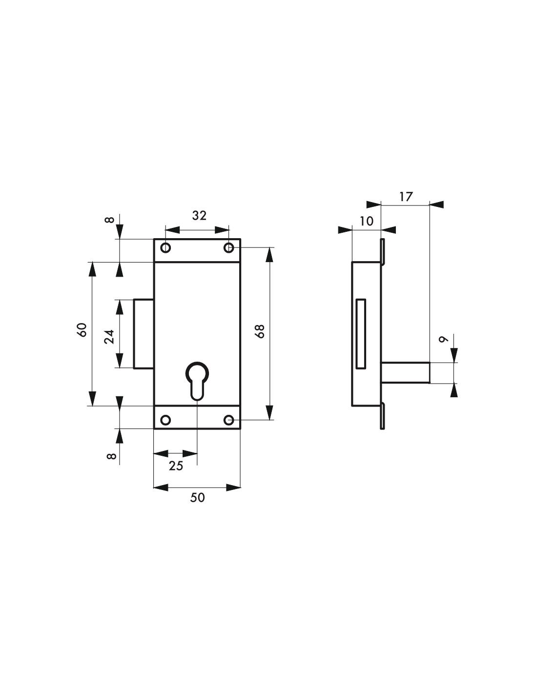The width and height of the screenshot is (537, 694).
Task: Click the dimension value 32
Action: [199, 216]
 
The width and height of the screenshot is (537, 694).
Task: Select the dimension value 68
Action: [260, 331]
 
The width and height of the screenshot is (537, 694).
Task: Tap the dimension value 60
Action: [82, 330]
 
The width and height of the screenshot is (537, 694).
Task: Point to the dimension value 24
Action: [109, 336]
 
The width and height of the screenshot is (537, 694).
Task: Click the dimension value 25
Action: [176, 466]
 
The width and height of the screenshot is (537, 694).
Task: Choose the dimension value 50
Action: [197, 498]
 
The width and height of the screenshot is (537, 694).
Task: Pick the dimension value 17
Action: [406, 197]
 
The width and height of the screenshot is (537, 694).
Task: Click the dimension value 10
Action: [367, 221]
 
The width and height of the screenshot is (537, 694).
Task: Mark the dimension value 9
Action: [443, 339]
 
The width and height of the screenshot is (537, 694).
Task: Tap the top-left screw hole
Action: [165, 247]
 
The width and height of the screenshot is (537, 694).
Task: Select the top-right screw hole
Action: [229, 247]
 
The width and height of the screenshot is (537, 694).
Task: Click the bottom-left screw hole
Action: [165, 420]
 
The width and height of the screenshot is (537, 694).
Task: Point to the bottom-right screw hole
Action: [229, 420]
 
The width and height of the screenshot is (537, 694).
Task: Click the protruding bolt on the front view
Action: [144, 334]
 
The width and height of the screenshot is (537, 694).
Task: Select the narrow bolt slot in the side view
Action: [361, 334]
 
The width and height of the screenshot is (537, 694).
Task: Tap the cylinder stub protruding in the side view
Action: [406, 372]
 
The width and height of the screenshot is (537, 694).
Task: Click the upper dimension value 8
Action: [109, 220]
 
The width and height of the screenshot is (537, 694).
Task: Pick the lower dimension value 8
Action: [110, 456]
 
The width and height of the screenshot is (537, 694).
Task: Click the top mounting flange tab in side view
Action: [382, 252]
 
